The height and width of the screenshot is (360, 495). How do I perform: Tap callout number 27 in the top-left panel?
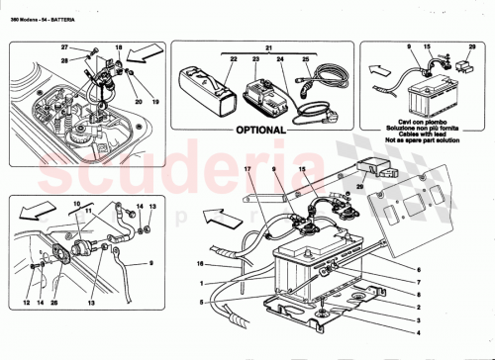(64, 47)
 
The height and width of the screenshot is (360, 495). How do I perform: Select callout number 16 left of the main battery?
(200, 266)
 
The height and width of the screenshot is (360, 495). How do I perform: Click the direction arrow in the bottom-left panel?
(33, 210)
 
